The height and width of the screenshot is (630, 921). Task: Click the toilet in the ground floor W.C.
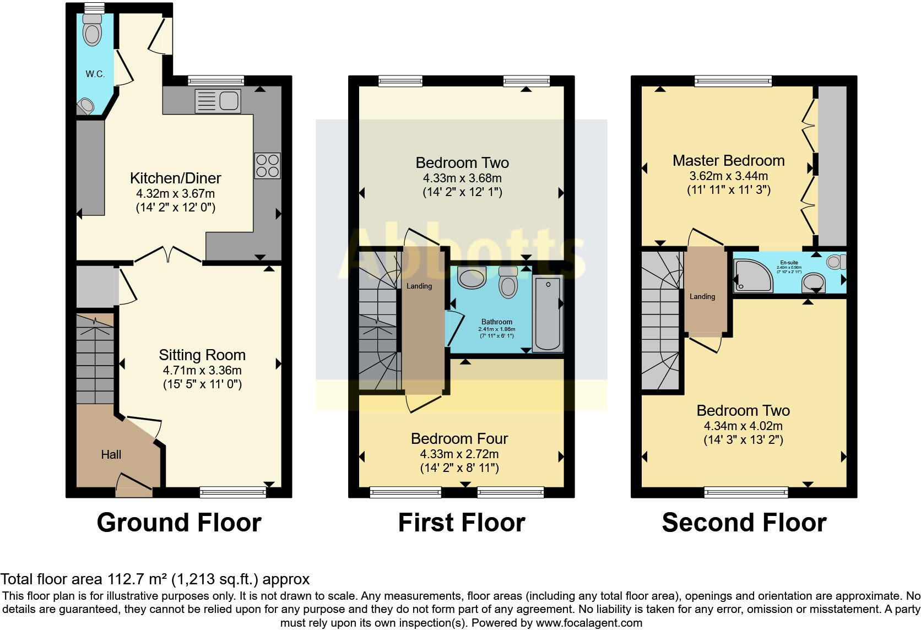pos(92,30)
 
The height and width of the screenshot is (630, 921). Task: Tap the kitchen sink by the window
pos(218,101)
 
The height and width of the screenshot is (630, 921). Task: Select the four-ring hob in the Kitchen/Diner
pos(267,166)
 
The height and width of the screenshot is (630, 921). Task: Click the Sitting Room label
pos(202,355)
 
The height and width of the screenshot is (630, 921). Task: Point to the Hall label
pos(111,455)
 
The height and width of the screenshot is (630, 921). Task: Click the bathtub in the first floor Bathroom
pos(548,314)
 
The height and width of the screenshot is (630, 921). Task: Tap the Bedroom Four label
pos(459,439)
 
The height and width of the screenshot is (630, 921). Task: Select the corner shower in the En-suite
pos(752,275)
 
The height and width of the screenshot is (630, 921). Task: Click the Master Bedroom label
pos(728,161)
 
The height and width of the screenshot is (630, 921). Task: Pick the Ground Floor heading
pos(179,523)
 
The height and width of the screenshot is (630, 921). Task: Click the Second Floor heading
pos(744,523)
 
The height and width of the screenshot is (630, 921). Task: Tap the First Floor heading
pos(462,523)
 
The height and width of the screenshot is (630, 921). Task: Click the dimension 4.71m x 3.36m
pos(202,371)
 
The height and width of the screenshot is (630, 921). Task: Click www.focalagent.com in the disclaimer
pos(589,623)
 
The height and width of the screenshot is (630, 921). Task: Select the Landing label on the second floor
pos(702,297)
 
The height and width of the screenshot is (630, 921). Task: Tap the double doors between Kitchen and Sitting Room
pos(169,254)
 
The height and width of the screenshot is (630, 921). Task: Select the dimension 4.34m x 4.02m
pos(743,426)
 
